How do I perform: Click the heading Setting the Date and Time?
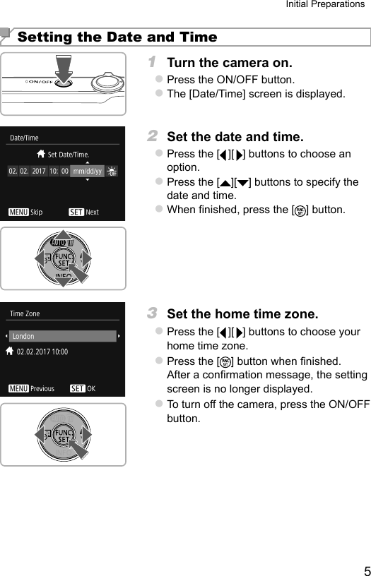[117, 37]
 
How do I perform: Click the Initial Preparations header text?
[324, 5]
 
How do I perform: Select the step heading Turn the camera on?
[229, 64]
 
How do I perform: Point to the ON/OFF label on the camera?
[39, 82]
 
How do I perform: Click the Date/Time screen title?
[24, 138]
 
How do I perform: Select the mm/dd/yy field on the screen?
[87, 171]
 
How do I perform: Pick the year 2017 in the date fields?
[39, 171]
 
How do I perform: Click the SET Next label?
[84, 212]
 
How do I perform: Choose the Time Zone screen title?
[25, 313]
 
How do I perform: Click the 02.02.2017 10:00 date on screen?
[42, 351]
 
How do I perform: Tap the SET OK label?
[83, 388]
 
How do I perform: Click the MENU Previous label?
[31, 388]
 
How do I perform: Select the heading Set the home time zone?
[242, 313]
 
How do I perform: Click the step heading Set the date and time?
[235, 137]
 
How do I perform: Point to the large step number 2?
[152, 136]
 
